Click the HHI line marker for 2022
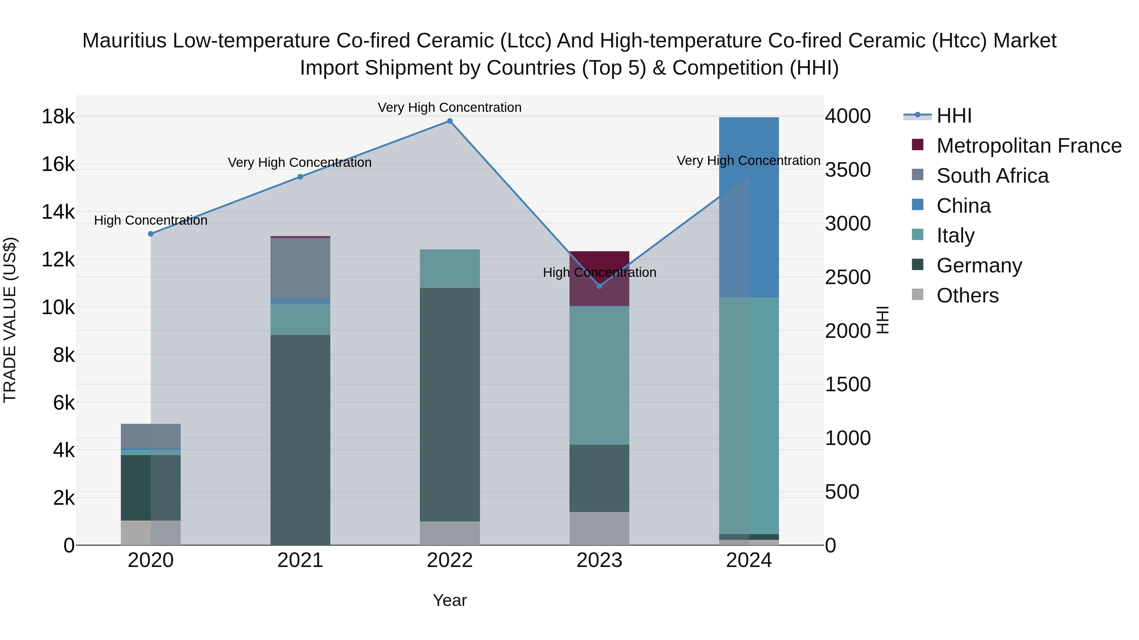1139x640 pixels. [x=450, y=121]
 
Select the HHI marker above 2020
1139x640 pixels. [x=151, y=234]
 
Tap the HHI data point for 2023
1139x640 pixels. [x=599, y=286]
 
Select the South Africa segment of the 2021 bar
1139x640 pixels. [x=300, y=268]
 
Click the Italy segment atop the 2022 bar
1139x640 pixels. [x=450, y=269]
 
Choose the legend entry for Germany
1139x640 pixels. [x=979, y=265]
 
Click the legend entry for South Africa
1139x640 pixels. [x=992, y=176]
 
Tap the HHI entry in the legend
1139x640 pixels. [x=954, y=116]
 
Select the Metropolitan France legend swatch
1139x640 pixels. [x=918, y=145]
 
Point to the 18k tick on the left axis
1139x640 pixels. [x=58, y=117]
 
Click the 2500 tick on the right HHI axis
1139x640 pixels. [x=847, y=277]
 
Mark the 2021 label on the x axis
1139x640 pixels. [x=300, y=560]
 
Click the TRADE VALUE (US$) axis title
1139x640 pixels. [x=10, y=320]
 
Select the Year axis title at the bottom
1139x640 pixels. [x=450, y=600]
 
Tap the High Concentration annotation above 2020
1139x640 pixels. [x=151, y=220]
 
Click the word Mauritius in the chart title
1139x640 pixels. [x=124, y=41]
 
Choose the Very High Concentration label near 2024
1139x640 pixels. [x=748, y=161]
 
